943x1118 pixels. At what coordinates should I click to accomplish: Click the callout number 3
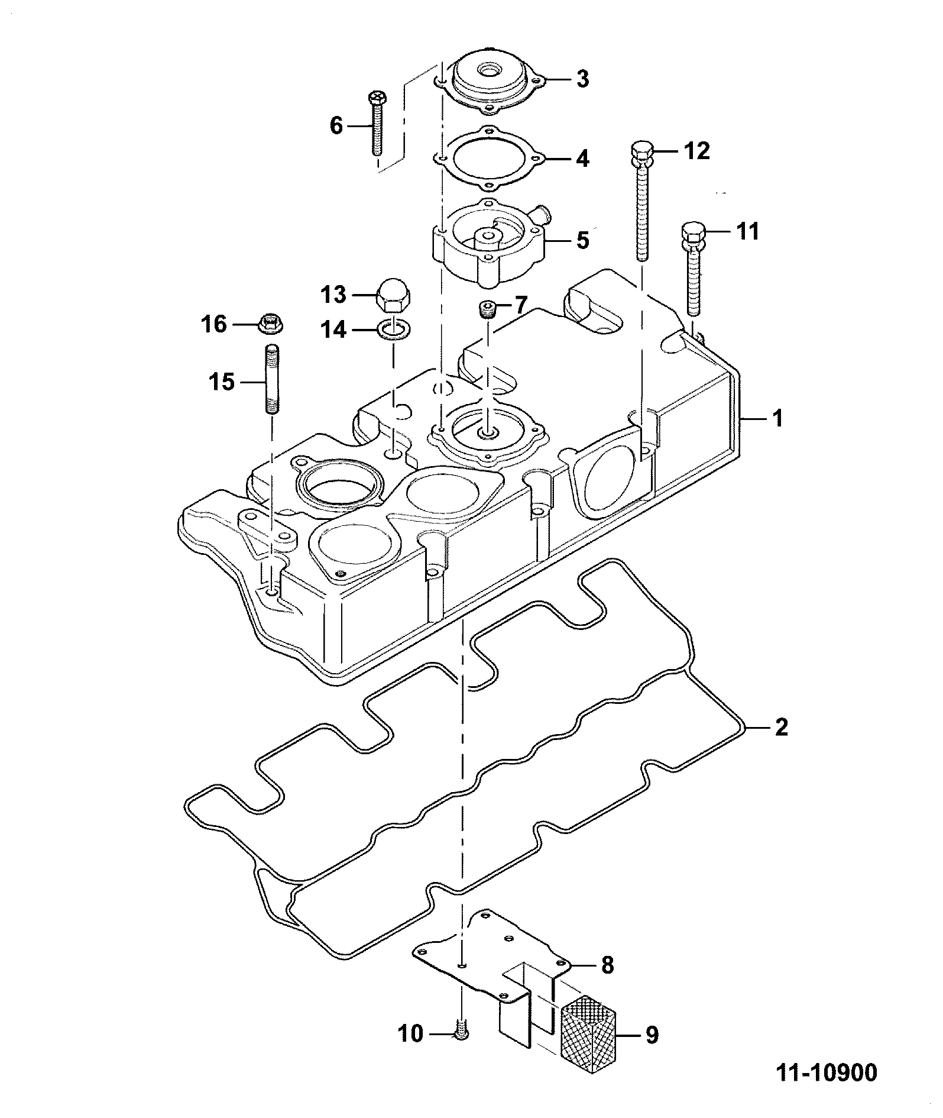point(582,79)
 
